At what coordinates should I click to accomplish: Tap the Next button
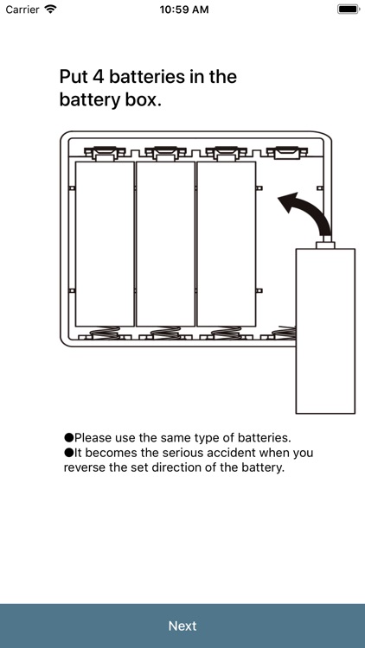182,626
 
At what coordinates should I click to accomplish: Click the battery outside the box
325,331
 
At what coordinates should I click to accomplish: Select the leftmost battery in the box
106,244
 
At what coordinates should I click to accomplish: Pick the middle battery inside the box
165,244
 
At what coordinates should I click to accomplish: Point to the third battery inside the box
227,244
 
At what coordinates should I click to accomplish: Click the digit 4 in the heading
98,77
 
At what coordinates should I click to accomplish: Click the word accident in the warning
231,453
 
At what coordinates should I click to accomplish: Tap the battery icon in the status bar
349,10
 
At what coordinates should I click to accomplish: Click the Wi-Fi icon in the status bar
50,10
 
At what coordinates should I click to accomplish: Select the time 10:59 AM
184,10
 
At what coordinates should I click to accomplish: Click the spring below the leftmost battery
106,333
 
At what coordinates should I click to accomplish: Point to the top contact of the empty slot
287,153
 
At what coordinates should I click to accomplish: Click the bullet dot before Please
68,438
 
